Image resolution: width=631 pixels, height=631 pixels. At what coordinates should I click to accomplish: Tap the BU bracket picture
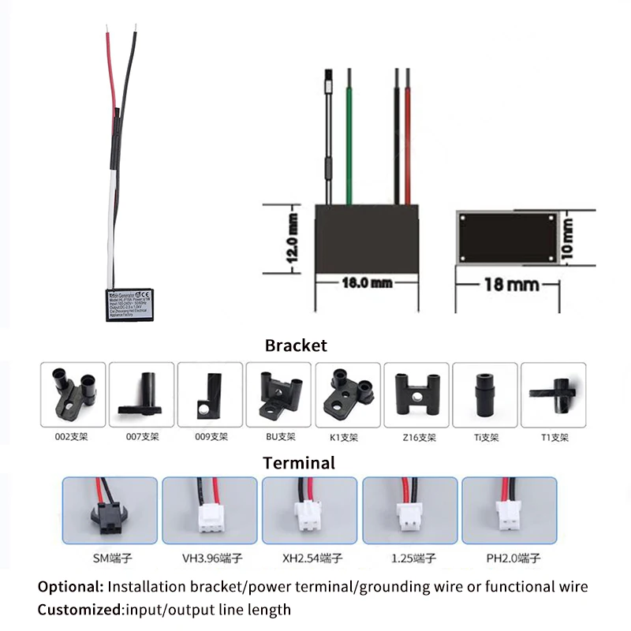tap(279, 395)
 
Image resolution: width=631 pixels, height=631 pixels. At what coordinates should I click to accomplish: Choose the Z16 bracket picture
tap(416, 395)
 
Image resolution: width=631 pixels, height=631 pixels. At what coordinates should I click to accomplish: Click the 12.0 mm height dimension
tap(293, 238)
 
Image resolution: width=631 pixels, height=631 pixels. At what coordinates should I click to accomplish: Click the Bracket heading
tap(296, 345)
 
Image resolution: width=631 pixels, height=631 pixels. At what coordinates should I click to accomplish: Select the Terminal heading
tap(299, 463)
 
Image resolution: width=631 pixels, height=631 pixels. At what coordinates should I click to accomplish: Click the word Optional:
tap(70, 587)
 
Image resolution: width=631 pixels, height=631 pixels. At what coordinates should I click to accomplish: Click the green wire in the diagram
tap(349, 134)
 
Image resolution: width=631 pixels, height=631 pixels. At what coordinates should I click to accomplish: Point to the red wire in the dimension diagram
tap(408, 134)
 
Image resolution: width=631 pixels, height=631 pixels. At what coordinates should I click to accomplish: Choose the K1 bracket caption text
tap(347, 436)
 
